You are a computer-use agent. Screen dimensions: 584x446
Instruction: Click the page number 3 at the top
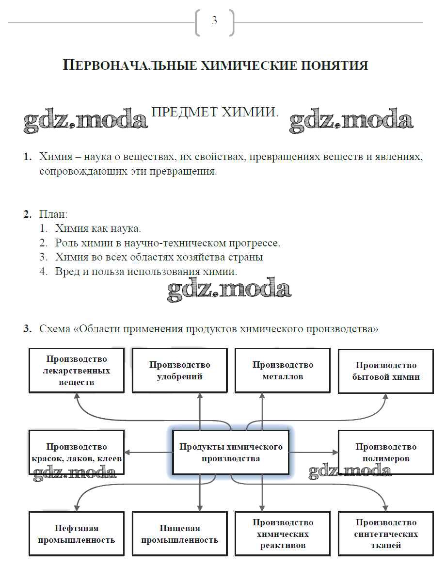click(x=214, y=21)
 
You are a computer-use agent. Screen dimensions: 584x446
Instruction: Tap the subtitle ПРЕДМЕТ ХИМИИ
click(x=215, y=112)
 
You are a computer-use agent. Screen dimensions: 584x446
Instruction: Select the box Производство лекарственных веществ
click(x=77, y=371)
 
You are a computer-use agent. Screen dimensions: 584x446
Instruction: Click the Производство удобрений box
click(x=179, y=371)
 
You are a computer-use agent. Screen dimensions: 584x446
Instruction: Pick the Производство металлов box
click(x=283, y=371)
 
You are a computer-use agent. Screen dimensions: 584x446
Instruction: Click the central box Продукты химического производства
click(x=231, y=452)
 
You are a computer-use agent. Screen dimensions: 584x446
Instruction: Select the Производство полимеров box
click(x=385, y=452)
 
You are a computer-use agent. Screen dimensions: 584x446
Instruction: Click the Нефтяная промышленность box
click(x=77, y=534)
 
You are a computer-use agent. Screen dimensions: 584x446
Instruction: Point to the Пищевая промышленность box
click(x=179, y=534)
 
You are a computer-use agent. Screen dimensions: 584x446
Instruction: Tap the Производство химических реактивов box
click(x=283, y=534)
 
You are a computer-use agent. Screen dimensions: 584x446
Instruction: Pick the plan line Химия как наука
click(x=98, y=228)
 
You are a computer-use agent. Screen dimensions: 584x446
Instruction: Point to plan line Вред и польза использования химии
click(x=146, y=272)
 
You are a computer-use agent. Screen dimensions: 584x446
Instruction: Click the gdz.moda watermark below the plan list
click(x=229, y=289)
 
